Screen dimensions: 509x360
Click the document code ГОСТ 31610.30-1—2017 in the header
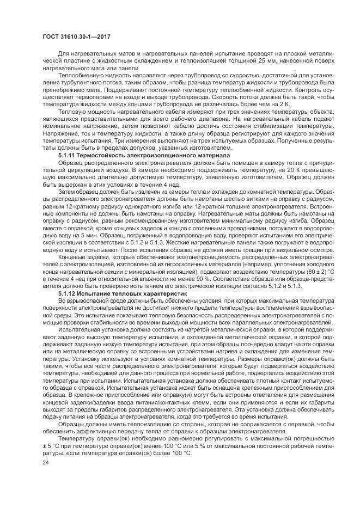(69, 34)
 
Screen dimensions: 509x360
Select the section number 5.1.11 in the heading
(68, 156)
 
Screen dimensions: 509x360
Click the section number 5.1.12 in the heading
(68, 294)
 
